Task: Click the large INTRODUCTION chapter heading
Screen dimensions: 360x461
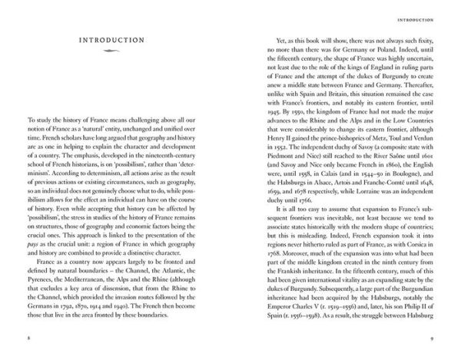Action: (114, 39)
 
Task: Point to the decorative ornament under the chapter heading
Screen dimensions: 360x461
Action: (114, 52)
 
